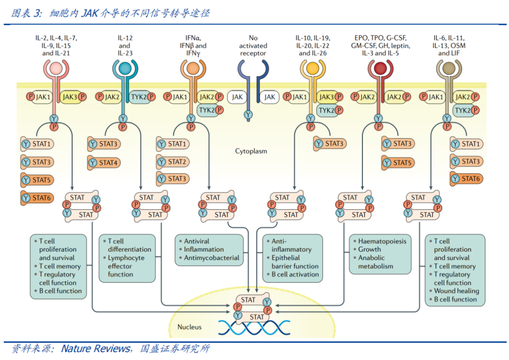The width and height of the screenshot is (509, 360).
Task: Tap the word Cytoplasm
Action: (x=251, y=151)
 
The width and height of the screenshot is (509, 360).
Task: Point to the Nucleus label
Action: (x=189, y=327)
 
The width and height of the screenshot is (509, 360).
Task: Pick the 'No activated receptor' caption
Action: (x=253, y=46)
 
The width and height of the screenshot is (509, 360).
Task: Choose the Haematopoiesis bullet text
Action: (x=382, y=241)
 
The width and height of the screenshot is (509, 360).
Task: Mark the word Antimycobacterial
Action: (x=211, y=258)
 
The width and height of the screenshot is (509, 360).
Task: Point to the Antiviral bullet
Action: (x=197, y=241)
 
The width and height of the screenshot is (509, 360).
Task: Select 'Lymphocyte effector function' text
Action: (x=126, y=266)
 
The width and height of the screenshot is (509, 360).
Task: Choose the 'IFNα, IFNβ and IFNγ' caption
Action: (x=192, y=46)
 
